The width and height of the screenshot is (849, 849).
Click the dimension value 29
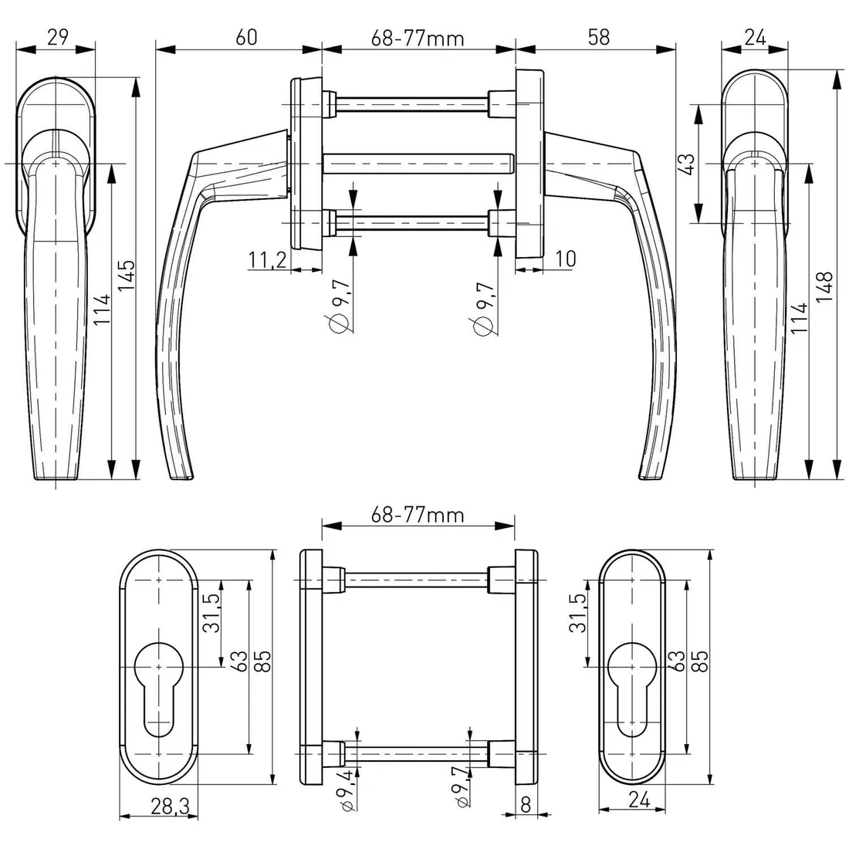point(58,37)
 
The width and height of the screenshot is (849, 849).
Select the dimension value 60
point(246,37)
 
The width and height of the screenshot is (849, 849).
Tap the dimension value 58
point(598,37)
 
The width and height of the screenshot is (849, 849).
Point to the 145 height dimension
point(127,276)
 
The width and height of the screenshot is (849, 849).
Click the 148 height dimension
point(824,287)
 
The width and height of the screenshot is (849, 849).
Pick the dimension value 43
point(686,164)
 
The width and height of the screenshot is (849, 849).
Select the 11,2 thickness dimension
point(268,260)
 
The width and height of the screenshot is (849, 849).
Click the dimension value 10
point(565,259)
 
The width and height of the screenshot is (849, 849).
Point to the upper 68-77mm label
point(418,39)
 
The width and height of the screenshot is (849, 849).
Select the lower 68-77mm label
point(418,514)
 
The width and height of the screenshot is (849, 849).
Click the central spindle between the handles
point(418,164)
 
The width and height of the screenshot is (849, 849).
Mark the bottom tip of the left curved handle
point(182,479)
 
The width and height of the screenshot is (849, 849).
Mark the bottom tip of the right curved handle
point(651,479)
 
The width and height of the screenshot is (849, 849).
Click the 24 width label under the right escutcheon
point(639,799)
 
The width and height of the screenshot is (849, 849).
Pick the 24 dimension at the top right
point(755,37)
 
